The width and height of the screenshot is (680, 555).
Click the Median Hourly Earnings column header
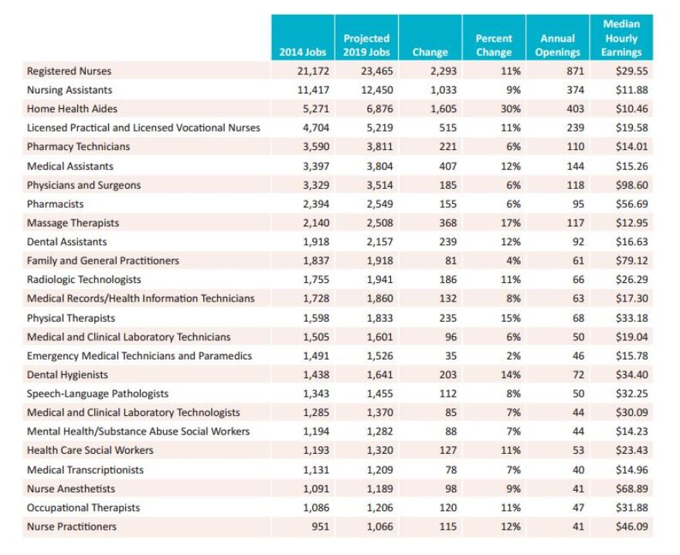[x=621, y=38]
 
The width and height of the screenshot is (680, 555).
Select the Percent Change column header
[x=494, y=45]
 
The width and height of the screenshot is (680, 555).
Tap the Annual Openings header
[x=558, y=45]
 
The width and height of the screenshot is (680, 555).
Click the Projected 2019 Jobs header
[x=366, y=45]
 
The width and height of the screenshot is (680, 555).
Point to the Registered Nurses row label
[x=69, y=71]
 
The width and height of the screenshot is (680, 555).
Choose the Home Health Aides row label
[x=72, y=109]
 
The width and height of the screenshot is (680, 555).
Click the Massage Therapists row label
[x=73, y=223]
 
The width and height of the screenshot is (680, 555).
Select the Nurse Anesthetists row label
[x=71, y=489]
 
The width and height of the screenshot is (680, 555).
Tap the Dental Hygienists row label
[x=67, y=375]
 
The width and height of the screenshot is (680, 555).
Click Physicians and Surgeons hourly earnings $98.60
[x=632, y=186]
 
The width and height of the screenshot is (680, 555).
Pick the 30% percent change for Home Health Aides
[x=511, y=109]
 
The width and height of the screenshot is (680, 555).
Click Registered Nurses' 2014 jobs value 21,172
[x=313, y=71]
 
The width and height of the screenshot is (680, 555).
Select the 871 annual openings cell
[x=576, y=71]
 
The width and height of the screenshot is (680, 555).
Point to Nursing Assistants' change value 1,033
[x=444, y=90]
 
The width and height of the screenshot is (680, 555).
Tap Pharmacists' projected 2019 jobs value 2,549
[x=380, y=204]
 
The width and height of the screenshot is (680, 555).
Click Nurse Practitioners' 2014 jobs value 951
[x=321, y=527]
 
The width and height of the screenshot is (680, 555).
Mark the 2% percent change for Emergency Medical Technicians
[x=513, y=356]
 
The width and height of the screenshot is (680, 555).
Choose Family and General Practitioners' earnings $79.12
[x=632, y=260]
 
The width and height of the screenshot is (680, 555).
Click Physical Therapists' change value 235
[x=448, y=318]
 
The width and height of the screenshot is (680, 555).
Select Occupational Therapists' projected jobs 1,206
[x=380, y=508]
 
